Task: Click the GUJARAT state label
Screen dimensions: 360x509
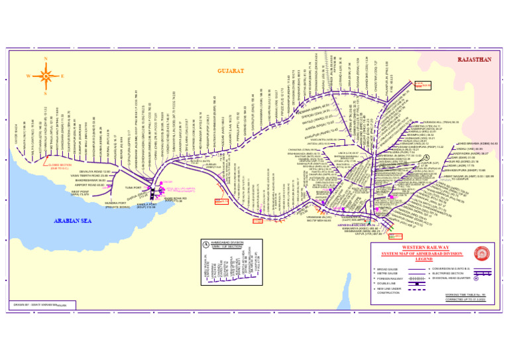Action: pos(231,70)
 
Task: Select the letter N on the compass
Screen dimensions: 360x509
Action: pos(45,60)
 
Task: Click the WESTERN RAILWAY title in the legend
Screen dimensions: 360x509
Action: pos(426,248)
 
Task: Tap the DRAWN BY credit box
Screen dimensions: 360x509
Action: pos(40,306)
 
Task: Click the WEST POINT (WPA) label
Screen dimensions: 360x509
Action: pos(80,193)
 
